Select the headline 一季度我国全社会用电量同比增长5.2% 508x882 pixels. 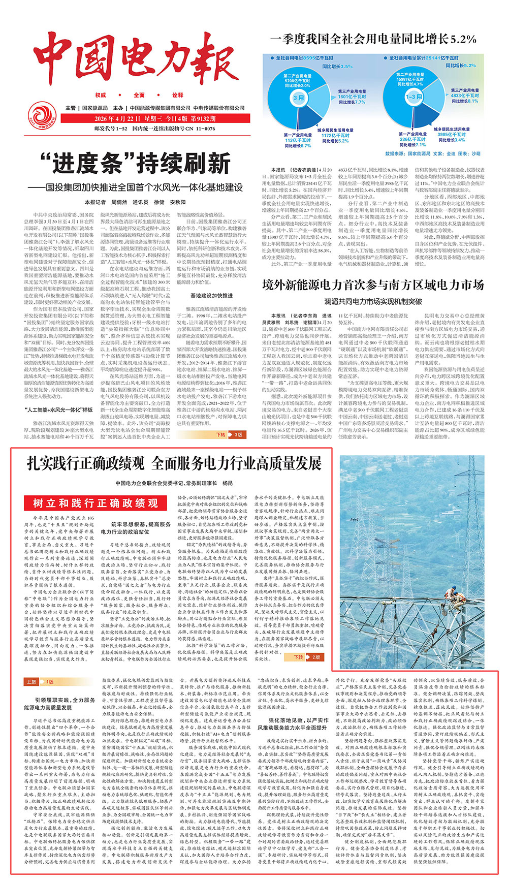pyautogui.click(x=373, y=39)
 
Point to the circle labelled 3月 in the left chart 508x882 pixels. pyautogui.click(x=299, y=98)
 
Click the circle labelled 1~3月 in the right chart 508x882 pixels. pyautogui.click(x=414, y=97)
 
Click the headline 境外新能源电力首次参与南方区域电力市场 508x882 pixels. pyautogui.click(x=373, y=285)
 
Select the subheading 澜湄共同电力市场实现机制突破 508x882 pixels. pyautogui.click(x=373, y=302)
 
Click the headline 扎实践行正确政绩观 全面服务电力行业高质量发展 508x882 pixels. pyautogui.click(x=174, y=464)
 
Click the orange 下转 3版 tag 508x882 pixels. pyautogui.click(x=230, y=435)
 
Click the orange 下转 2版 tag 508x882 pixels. pyautogui.click(x=307, y=657)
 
